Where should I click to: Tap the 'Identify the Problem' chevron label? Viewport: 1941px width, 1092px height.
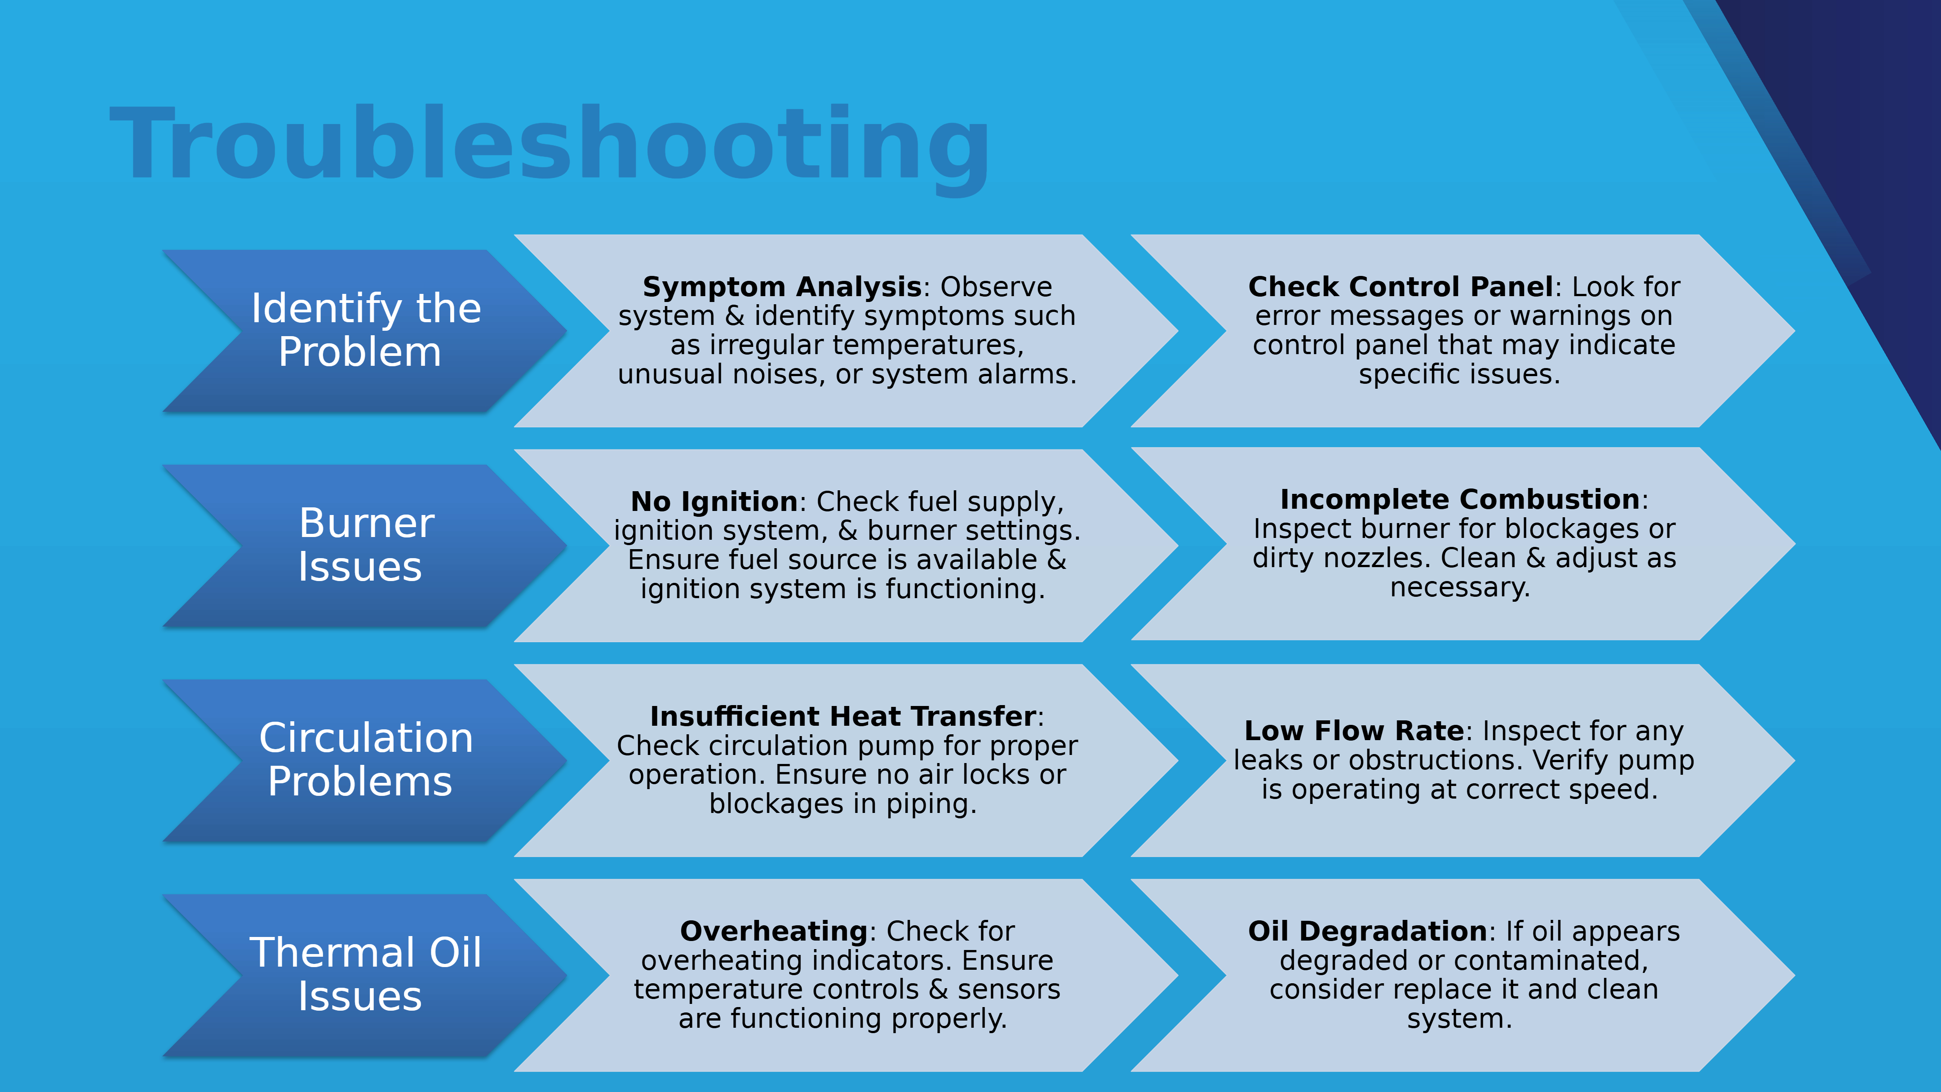tap(365, 330)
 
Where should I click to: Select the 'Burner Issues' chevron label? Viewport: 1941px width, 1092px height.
tap(365, 544)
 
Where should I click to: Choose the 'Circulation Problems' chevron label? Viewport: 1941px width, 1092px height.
tap(365, 759)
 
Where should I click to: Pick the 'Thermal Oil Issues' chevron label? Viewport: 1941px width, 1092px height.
tap(365, 974)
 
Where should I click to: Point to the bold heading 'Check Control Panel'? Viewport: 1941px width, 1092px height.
tap(1400, 287)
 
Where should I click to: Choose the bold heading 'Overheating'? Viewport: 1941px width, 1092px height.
tap(774, 932)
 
